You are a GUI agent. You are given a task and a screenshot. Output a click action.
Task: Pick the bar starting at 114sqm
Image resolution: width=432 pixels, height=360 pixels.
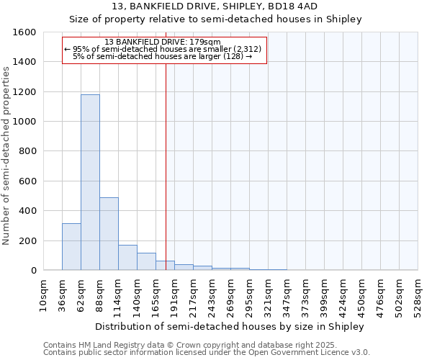[127, 258]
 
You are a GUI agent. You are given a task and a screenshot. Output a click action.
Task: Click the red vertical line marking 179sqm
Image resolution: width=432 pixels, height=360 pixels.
[166, 166]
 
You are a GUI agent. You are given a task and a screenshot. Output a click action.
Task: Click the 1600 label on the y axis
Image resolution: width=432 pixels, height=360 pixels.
[24, 32]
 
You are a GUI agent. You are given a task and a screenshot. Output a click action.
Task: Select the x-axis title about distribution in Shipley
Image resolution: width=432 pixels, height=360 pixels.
[230, 326]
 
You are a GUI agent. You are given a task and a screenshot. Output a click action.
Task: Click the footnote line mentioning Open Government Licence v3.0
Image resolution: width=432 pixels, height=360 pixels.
[207, 352]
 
